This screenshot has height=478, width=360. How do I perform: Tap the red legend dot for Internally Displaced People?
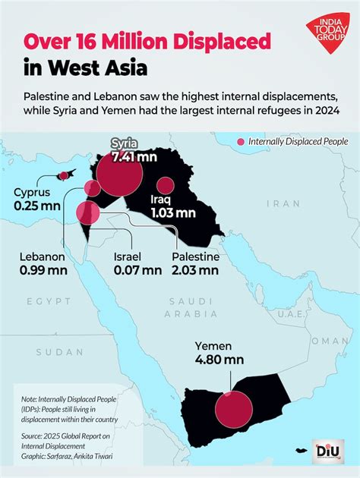(242, 142)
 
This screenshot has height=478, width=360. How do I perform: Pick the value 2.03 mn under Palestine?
(195, 269)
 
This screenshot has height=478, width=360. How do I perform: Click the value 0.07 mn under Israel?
(137, 269)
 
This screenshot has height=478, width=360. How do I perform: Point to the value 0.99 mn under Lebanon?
(42, 269)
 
